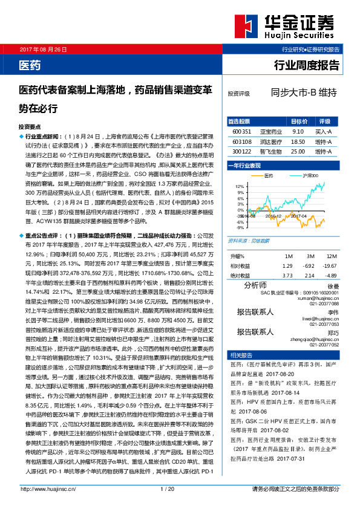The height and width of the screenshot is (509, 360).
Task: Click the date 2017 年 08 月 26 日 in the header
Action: click(44, 48)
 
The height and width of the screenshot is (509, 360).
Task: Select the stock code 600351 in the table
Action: click(241, 131)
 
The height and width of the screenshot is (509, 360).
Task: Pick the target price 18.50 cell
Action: click(297, 141)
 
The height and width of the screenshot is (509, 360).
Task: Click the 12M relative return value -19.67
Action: click(328, 266)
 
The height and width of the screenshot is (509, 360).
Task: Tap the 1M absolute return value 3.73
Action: click(287, 275)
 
